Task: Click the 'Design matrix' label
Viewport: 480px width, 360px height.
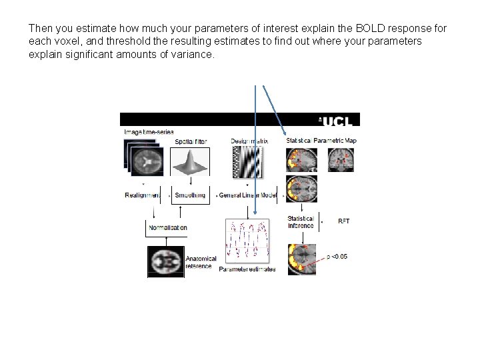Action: click(249, 141)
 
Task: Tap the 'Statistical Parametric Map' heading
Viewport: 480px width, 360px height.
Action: click(321, 141)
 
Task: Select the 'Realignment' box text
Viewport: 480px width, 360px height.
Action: click(143, 195)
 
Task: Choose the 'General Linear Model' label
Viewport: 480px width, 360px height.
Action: click(250, 195)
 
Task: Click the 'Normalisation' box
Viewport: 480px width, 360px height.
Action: click(167, 227)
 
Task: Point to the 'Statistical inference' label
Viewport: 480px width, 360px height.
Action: click(301, 222)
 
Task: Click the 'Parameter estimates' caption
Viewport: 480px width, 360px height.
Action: click(247, 269)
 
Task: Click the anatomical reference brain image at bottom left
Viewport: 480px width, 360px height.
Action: click(165, 261)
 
